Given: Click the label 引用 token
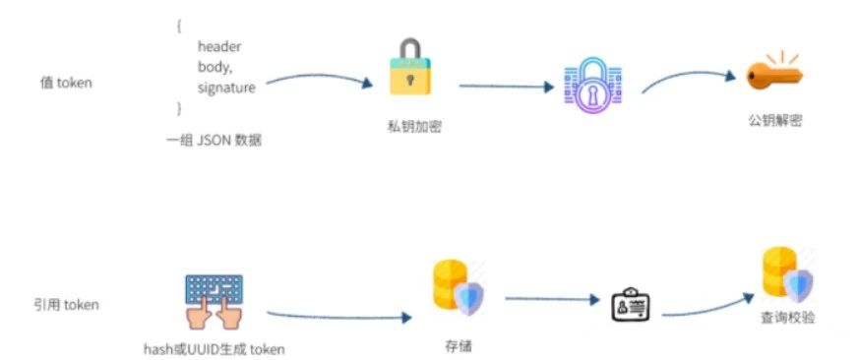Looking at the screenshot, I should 66,305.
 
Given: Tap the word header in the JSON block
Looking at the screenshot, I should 219,46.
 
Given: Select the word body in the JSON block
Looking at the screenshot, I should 214,67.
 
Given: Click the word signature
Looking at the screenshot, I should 226,88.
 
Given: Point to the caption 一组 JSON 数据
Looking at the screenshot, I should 214,141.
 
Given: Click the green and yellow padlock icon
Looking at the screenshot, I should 411,72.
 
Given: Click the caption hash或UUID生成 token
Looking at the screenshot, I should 214,349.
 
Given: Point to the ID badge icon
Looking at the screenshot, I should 627,305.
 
